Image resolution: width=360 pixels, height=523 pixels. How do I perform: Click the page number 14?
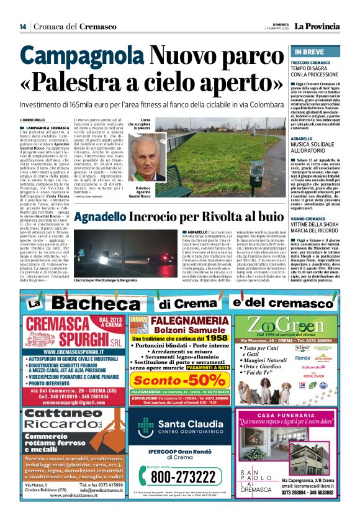22,27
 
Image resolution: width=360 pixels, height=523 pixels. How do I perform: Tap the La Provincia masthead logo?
317,27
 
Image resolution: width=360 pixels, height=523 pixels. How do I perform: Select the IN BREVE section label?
308,52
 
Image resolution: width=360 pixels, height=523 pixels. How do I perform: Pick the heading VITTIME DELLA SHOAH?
317,225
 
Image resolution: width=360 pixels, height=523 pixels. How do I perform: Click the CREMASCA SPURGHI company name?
61,333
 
